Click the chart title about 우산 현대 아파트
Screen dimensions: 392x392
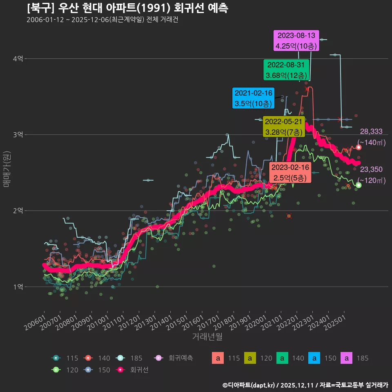127,8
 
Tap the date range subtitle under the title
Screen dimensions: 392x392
102,20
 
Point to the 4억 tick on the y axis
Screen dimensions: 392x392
18,59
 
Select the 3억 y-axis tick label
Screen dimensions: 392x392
18,135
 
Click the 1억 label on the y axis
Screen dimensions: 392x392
18,287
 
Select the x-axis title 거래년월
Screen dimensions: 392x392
207,337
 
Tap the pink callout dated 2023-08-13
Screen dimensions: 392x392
296,41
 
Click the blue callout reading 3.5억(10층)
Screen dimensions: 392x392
253,98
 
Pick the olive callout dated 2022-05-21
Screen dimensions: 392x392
283,127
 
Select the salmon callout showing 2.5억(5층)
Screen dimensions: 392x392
290,173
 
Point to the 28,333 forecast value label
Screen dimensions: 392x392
371,131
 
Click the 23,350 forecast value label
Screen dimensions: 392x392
371,169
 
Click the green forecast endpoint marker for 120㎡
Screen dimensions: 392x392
359,185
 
